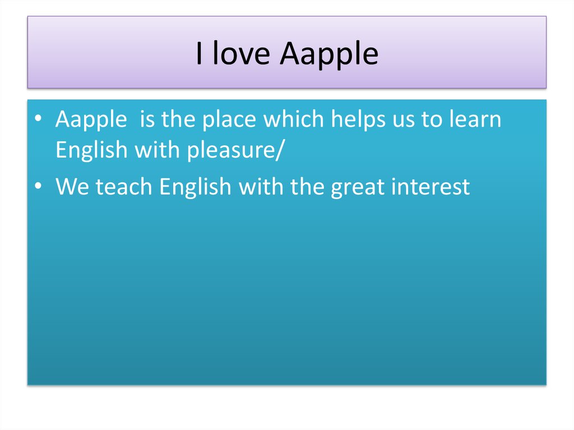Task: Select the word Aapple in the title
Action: [x=329, y=55]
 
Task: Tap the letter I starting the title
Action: [x=200, y=54]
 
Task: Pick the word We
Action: [x=73, y=187]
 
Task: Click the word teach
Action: [x=124, y=187]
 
